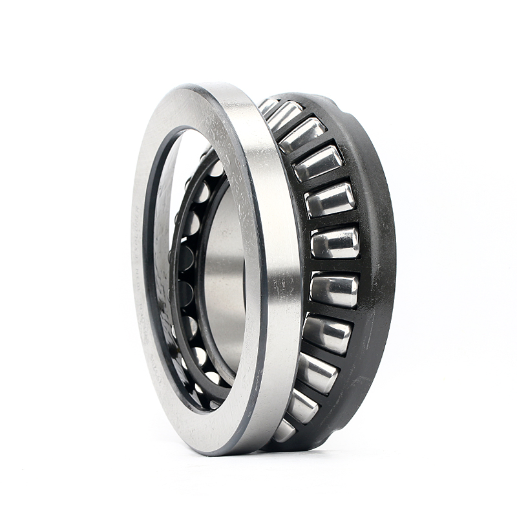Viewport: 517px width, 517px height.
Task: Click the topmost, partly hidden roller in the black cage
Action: click(268, 105)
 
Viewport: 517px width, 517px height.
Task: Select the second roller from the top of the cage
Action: click(285, 116)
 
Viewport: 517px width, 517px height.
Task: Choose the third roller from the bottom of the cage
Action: click(317, 373)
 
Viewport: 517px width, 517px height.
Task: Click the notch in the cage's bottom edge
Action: click(323, 432)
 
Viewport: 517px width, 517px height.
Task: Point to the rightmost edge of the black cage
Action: click(394, 258)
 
